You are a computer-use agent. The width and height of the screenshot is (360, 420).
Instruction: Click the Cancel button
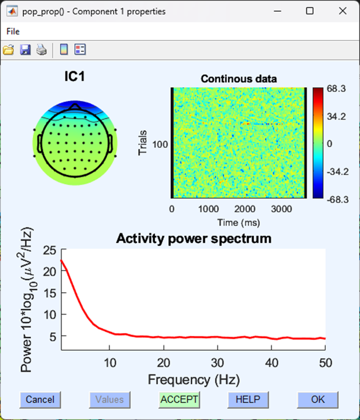click(40, 399)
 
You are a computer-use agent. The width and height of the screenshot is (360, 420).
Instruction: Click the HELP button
click(248, 399)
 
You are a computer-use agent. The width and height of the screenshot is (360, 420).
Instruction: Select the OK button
click(318, 399)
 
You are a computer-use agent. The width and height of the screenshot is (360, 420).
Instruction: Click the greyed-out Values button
click(110, 399)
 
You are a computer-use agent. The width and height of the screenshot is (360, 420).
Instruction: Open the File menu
click(13, 31)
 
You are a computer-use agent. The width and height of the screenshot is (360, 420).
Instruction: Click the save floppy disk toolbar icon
click(25, 50)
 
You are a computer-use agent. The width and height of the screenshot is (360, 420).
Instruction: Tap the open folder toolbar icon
click(8, 50)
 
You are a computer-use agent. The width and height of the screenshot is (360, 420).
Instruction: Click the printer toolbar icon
click(41, 50)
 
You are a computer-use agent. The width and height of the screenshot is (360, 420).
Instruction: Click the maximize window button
click(310, 11)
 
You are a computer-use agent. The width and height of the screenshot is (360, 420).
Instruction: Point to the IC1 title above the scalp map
click(74, 77)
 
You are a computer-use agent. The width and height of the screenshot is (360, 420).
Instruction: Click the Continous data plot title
click(239, 79)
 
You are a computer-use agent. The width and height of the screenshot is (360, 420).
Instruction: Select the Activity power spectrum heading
click(193, 238)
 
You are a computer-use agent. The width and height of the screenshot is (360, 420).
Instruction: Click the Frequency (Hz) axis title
click(193, 380)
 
